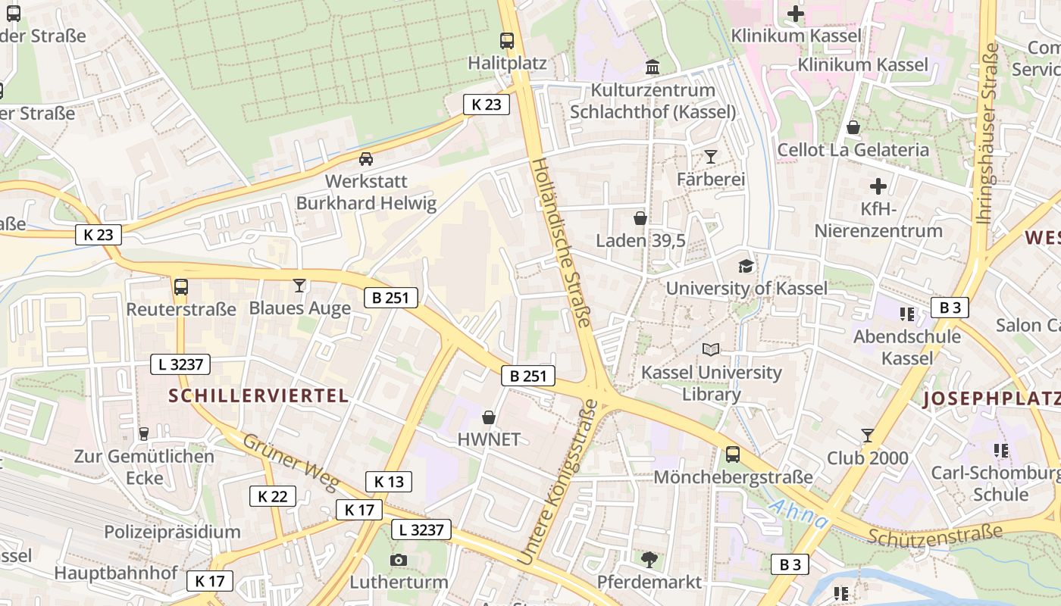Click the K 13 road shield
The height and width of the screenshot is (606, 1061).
pos(389,482)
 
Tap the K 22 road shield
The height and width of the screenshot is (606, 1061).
pos(273,496)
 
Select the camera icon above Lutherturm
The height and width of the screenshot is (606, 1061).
pos(398,561)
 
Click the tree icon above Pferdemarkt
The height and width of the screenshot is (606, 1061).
pos(649,560)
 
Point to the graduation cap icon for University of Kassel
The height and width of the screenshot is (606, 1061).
pos(746,266)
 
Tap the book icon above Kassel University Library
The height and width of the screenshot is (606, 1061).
pos(711,349)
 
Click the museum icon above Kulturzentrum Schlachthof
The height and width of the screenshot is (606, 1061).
pos(653,67)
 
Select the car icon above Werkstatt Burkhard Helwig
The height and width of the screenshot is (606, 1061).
pos(366,159)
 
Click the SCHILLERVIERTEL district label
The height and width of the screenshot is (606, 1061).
pos(258,395)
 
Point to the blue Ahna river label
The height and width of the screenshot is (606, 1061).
pos(797,514)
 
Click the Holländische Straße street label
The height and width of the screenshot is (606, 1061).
pos(560,242)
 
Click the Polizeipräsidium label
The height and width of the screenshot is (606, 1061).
pos(172,532)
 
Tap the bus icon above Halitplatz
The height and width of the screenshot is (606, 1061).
pos(507,41)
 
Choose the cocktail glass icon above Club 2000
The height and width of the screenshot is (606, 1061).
pos(868,436)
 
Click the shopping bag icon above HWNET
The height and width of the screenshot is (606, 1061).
pos(489,417)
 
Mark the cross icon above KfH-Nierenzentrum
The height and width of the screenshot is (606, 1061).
pos(878,186)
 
